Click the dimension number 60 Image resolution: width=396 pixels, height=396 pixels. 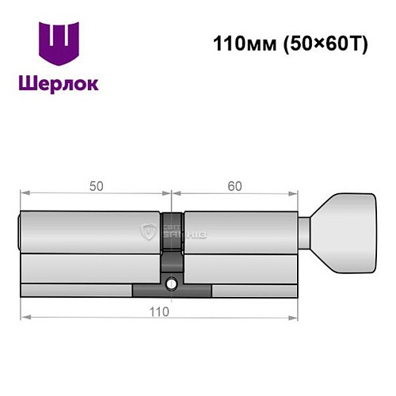click(234, 186)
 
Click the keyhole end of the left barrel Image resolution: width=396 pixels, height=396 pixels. click(20, 229)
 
